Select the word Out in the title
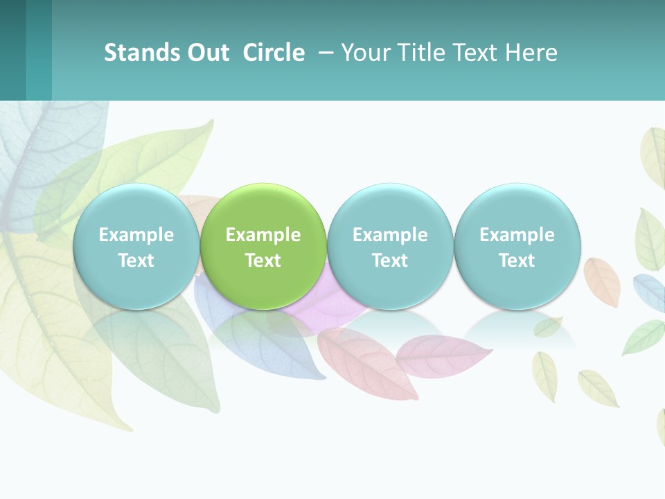click(206, 53)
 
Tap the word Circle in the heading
click(274, 53)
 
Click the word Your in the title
click(364, 53)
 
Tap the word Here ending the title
click(533, 53)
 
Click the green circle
click(263, 208)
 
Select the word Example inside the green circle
click(263, 235)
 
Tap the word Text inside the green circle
click(263, 261)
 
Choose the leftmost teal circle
click(136, 208)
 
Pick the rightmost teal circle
click(517, 208)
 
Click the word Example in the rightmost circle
click(517, 235)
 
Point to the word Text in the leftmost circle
click(136, 261)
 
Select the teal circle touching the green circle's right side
click(390, 208)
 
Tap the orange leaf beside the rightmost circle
click(602, 281)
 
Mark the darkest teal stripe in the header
click(12, 50)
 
